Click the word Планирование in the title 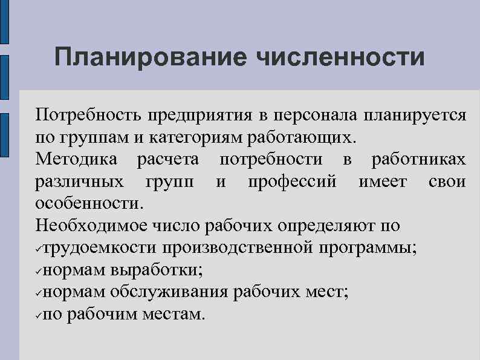[150, 58]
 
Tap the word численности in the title [341, 58]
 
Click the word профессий [292, 182]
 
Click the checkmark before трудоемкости [38, 249]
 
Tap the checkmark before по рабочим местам [38, 315]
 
